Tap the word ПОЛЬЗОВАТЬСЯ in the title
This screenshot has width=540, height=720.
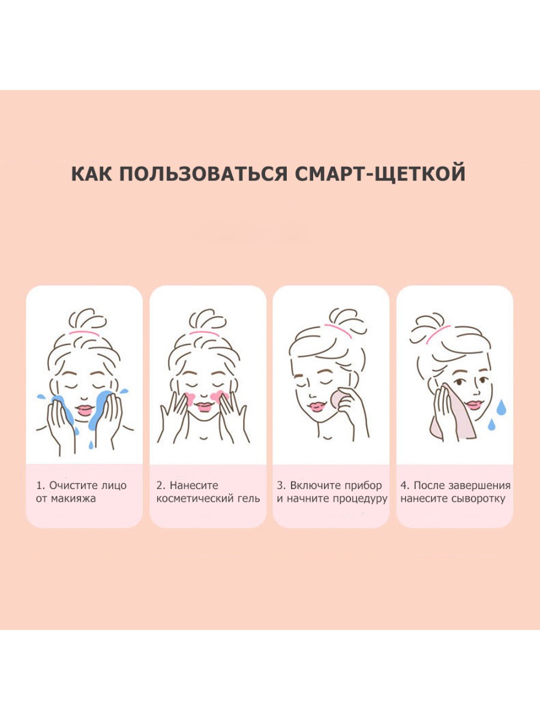point(203,173)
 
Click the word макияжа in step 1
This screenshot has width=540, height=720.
point(73,500)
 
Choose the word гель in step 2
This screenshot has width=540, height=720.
point(248,499)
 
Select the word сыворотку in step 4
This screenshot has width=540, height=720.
point(478,500)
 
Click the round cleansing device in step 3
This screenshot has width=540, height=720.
point(338,398)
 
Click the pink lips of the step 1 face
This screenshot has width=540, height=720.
point(85,410)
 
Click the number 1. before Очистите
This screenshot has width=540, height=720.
point(40,485)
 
